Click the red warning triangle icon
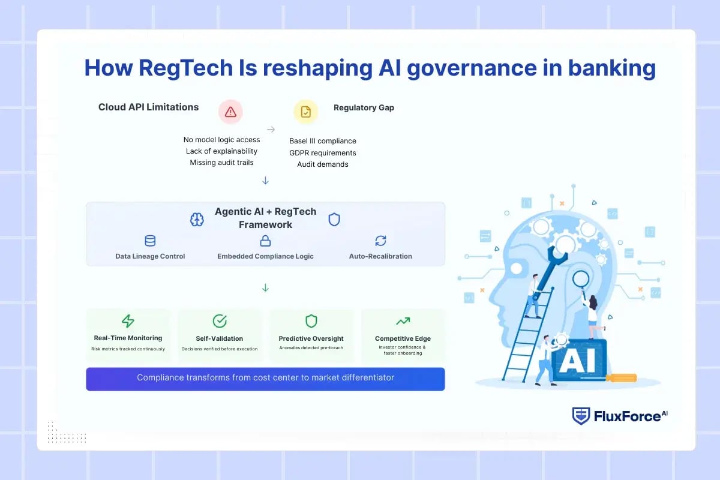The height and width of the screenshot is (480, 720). (x=230, y=112)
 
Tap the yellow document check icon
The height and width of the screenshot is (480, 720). (x=305, y=112)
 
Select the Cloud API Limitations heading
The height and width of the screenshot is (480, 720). (x=148, y=107)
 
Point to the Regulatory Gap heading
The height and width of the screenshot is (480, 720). (x=364, y=108)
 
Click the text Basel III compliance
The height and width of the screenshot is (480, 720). (x=323, y=141)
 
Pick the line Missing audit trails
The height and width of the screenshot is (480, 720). (x=221, y=163)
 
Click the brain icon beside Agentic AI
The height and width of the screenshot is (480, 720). (x=197, y=220)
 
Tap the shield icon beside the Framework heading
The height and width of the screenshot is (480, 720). (x=334, y=220)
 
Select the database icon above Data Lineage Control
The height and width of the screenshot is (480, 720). (x=150, y=241)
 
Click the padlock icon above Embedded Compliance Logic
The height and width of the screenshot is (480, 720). (x=265, y=241)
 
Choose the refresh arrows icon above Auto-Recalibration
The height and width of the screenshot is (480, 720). (x=380, y=241)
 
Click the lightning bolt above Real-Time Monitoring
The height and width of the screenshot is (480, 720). (x=128, y=321)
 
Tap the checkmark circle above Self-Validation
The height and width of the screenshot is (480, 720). (x=220, y=321)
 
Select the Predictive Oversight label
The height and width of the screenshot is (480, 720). (x=311, y=338)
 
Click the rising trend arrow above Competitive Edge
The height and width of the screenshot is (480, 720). (x=403, y=321)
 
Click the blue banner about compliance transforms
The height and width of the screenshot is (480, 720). (x=265, y=378)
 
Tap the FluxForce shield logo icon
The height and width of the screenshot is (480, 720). (x=581, y=416)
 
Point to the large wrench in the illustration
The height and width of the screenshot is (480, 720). (x=549, y=264)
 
